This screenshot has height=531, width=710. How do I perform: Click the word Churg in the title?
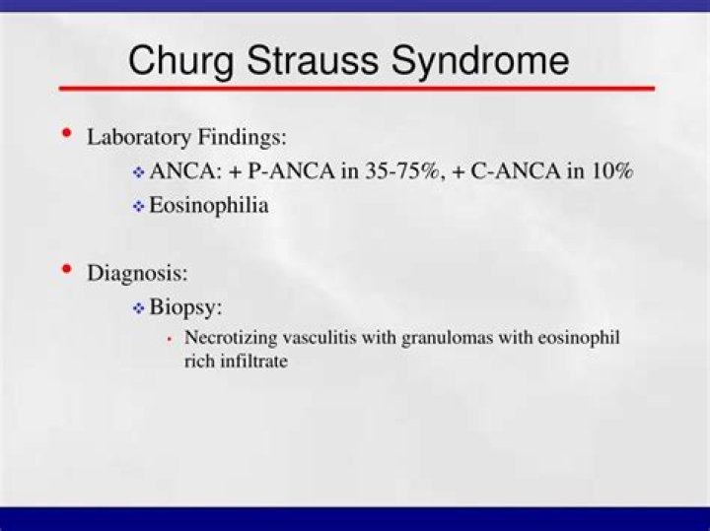tap(181, 61)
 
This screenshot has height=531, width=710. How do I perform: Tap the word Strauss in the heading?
tap(313, 60)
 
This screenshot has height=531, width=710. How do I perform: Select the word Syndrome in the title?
tap(480, 61)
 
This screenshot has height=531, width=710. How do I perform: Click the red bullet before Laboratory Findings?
tap(67, 133)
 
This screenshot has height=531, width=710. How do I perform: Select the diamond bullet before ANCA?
tap(139, 172)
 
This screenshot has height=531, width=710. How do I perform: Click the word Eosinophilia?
tap(209, 205)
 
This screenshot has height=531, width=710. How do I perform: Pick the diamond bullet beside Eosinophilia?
tap(139, 207)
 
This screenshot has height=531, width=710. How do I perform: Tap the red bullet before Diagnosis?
tap(67, 269)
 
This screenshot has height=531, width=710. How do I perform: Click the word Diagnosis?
tap(137, 273)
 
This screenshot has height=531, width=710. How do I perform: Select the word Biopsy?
tap(185, 307)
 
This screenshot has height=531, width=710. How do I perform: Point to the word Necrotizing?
tap(231, 338)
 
